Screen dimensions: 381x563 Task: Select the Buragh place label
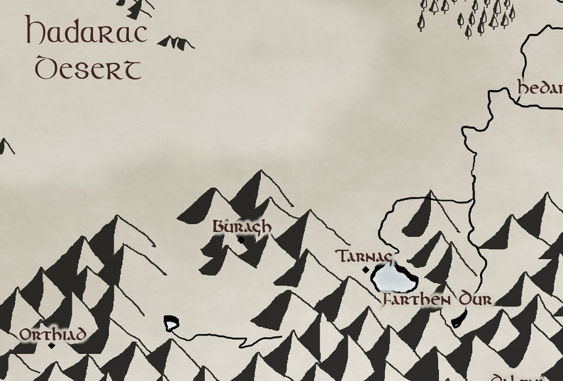click(242, 226)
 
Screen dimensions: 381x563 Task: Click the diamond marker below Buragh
click(241, 240)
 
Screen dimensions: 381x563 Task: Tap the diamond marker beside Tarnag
click(366, 270)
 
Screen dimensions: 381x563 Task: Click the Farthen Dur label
click(437, 299)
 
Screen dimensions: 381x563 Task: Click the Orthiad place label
click(53, 334)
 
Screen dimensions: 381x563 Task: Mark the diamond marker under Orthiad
click(51, 346)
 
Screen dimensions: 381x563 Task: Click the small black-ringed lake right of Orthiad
click(171, 324)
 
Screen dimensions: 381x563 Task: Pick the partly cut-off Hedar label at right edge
click(540, 89)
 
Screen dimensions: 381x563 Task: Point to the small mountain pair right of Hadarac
click(176, 43)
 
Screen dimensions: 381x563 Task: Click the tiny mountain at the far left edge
click(6, 147)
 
